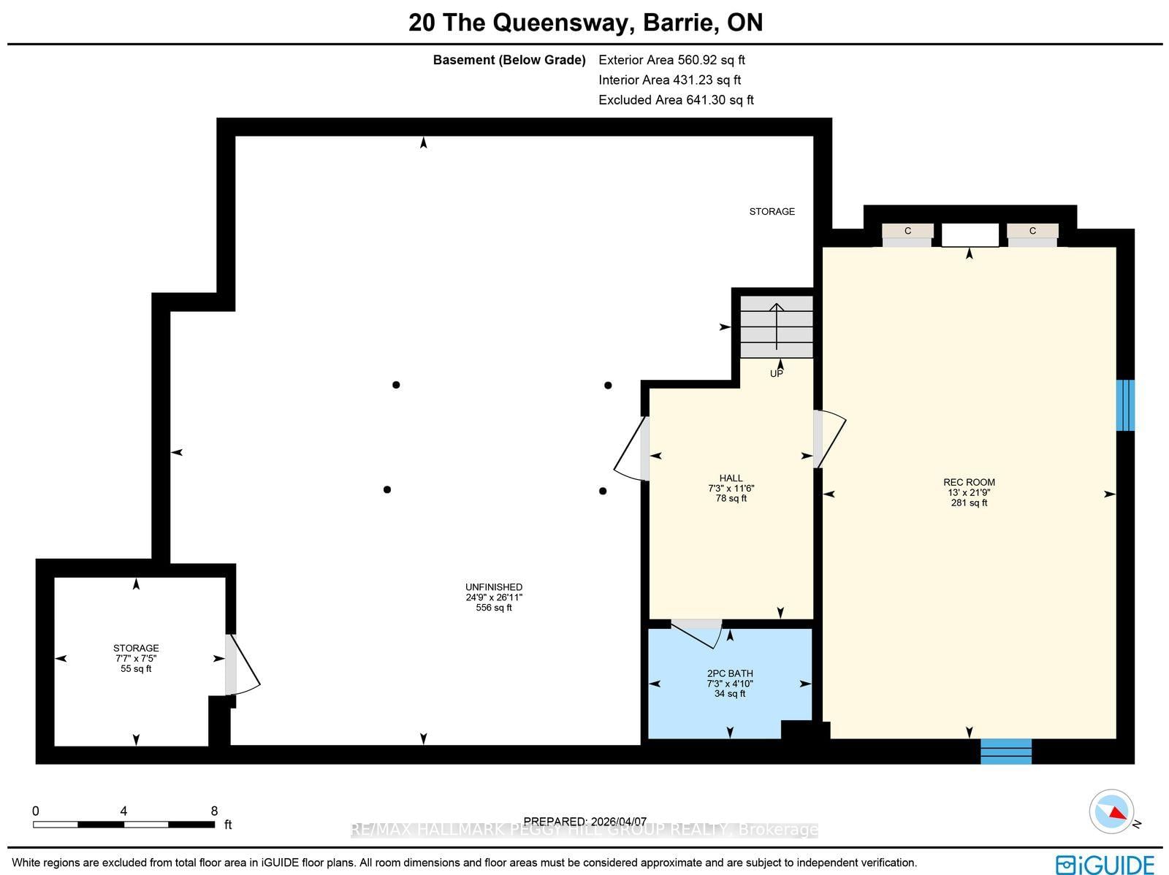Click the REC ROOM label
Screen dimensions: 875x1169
969,482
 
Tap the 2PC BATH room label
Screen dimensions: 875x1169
730,673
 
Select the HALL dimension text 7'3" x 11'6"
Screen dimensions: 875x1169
731,489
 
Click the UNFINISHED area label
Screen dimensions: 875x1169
494,587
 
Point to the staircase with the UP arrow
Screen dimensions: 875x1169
776,326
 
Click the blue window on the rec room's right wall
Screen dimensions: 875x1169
1125,405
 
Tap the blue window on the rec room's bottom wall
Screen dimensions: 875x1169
1005,751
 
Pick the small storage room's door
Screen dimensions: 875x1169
241,665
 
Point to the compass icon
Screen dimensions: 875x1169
1111,811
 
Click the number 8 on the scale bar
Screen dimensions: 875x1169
214,811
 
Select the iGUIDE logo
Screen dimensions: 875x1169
1105,864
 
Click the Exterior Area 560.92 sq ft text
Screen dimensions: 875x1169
671,60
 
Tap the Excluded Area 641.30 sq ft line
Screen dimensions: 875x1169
676,100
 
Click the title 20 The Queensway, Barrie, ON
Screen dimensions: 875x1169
585,23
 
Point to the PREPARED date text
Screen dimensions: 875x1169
584,821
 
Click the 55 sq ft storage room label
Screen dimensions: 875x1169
136,668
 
